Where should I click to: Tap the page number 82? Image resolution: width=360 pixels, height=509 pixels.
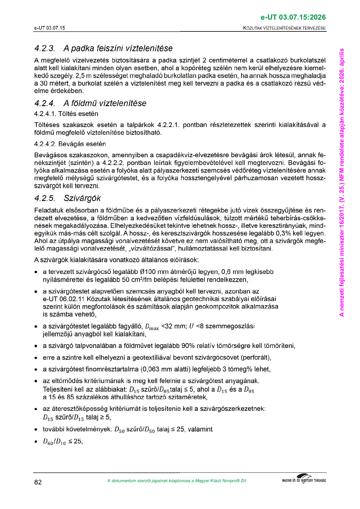click(x=38, y=482)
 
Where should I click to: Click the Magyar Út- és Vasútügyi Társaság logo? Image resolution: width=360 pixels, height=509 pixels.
click(x=304, y=479)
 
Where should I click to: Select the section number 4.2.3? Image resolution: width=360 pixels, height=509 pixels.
click(x=45, y=48)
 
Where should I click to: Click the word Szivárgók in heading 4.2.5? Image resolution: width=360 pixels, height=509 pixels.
click(x=82, y=198)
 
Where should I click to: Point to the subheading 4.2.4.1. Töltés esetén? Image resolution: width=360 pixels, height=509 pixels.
click(x=66, y=114)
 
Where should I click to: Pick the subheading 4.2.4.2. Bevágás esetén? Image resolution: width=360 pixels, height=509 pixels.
click(x=70, y=144)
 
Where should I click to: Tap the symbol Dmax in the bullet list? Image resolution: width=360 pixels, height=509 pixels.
click(x=152, y=327)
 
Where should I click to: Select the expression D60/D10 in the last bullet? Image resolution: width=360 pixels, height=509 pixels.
click(x=54, y=442)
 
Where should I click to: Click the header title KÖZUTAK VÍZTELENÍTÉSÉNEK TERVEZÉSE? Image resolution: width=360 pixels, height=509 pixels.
click(x=284, y=28)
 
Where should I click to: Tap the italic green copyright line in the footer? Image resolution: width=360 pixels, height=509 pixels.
click(x=177, y=481)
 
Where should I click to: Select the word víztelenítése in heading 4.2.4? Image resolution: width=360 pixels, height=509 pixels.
click(x=127, y=103)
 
